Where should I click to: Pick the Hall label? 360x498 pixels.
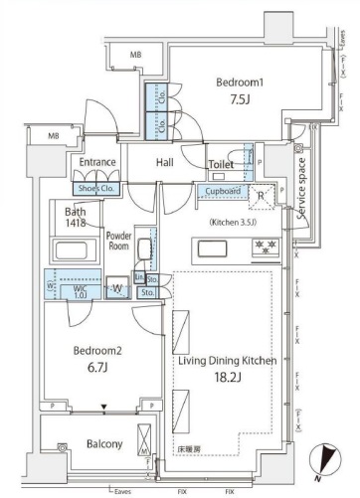click(x=166, y=162)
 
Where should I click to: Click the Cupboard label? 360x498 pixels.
click(x=222, y=192)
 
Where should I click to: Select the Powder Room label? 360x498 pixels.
click(x=119, y=242)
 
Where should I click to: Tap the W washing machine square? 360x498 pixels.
click(x=118, y=290)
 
